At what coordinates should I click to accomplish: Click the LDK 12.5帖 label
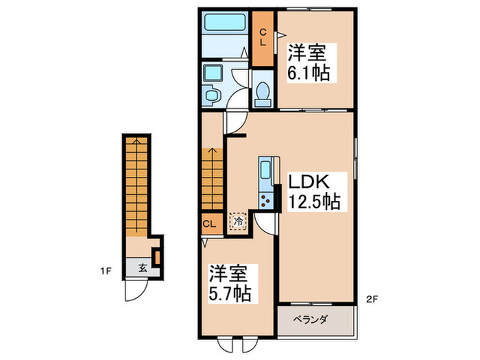313,193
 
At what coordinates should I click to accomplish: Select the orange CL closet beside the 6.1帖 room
263,38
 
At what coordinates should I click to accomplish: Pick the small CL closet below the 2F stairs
210,223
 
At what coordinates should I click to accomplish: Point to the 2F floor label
371,299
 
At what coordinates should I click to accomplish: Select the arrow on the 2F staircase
213,154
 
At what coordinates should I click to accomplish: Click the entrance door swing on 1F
135,291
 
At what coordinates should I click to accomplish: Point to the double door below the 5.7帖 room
237,345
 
